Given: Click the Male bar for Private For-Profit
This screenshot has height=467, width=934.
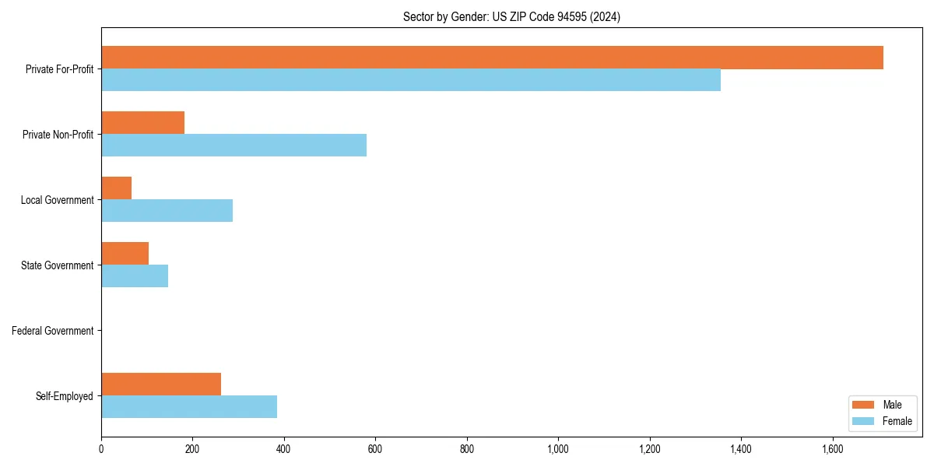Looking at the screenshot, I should pos(492,58).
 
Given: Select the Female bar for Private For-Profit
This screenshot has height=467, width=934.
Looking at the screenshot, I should pos(411,80).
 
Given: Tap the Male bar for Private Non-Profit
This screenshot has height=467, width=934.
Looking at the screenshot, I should pos(142,123).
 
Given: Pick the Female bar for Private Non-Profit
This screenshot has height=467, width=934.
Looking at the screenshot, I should pos(233,146).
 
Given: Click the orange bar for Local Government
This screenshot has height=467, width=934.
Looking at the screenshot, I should pos(116,188).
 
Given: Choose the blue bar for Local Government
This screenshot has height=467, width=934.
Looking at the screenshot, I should pos(167,211).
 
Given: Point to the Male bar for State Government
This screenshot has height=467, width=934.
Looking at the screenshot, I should pos(125,254).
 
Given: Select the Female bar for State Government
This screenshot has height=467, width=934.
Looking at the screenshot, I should pos(135,276).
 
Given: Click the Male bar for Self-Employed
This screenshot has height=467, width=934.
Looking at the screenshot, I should pos(161,384).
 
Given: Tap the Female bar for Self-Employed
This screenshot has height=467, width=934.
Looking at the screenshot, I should pos(189,407).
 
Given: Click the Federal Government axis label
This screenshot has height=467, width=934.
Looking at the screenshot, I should pos(53,331).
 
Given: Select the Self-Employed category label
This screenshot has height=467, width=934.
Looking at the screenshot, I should pos(65,396).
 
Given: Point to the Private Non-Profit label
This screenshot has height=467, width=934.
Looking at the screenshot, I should pos(58,135).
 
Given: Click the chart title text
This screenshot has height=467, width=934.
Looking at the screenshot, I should pos(511,16).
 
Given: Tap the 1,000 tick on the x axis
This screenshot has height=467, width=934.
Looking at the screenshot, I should pos(558,449).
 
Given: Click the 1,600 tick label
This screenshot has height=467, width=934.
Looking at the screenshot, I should pos(832,449).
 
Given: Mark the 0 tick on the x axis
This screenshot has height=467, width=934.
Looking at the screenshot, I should pos(101,449).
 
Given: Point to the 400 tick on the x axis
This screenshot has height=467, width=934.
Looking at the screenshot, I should pos(284,449).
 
